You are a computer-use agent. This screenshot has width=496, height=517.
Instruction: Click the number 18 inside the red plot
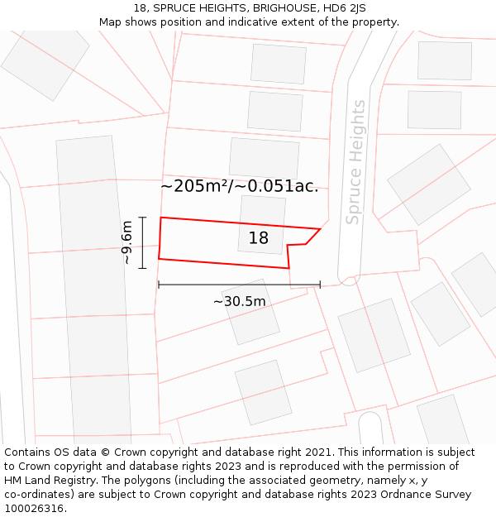259,238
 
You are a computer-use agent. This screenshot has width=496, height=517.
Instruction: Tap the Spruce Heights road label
355,162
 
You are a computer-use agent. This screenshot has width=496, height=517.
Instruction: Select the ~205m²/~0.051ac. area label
239,186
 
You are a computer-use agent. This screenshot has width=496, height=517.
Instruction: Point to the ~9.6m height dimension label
126,242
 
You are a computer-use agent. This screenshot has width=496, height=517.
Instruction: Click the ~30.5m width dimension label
239,301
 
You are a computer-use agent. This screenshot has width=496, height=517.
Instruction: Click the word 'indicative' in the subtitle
256,22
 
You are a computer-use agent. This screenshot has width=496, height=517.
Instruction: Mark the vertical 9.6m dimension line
143,242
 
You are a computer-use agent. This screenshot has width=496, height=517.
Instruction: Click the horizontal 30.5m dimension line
239,285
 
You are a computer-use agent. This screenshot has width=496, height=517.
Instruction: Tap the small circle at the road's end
348,280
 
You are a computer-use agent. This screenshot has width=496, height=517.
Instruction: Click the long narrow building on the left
93,290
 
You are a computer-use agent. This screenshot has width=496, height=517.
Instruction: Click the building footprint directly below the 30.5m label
251,314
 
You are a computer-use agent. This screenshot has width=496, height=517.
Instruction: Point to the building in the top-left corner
45,62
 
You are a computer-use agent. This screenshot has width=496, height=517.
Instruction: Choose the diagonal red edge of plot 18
313,237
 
